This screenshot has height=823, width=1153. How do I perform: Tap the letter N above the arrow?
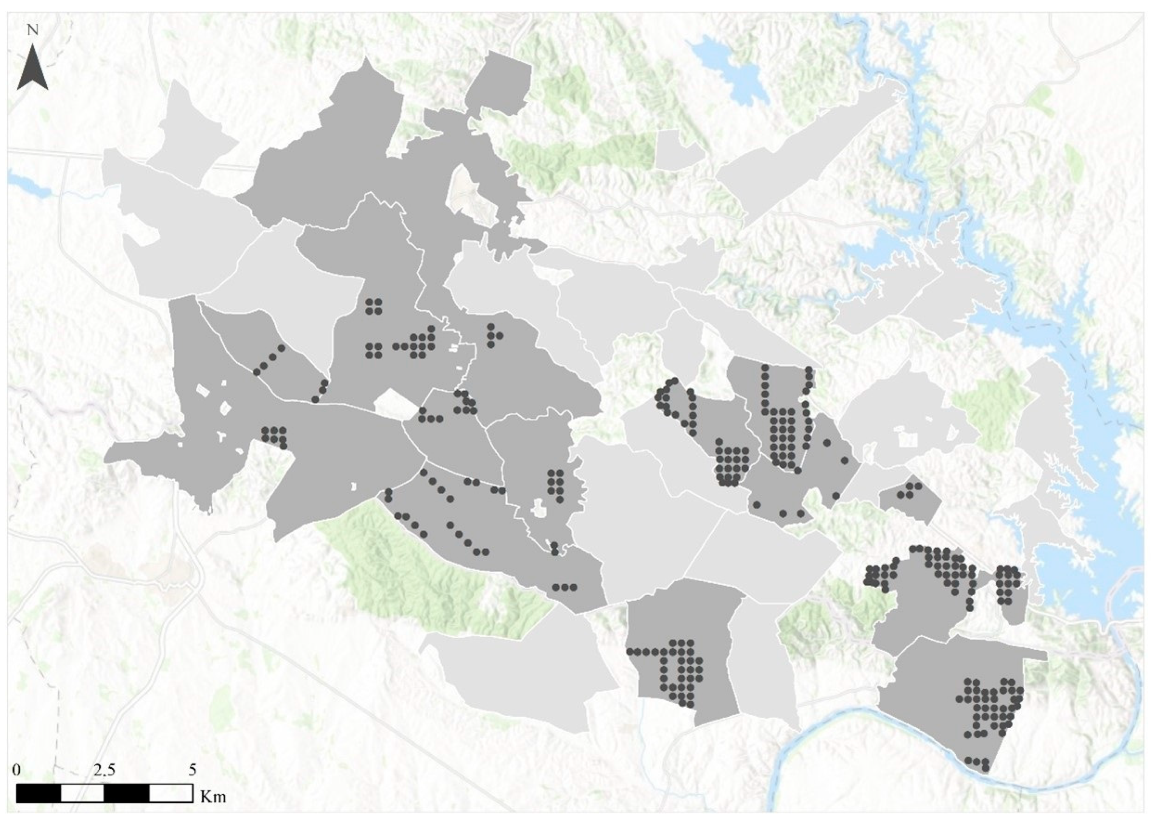33,30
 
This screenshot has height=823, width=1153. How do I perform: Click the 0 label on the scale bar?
17,770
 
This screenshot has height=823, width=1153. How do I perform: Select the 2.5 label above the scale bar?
104,770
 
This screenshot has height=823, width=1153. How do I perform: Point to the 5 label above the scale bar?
192,770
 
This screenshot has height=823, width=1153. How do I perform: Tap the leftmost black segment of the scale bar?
39,793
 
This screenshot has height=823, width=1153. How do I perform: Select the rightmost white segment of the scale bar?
171,793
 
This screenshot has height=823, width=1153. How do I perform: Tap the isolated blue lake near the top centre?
730,68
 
